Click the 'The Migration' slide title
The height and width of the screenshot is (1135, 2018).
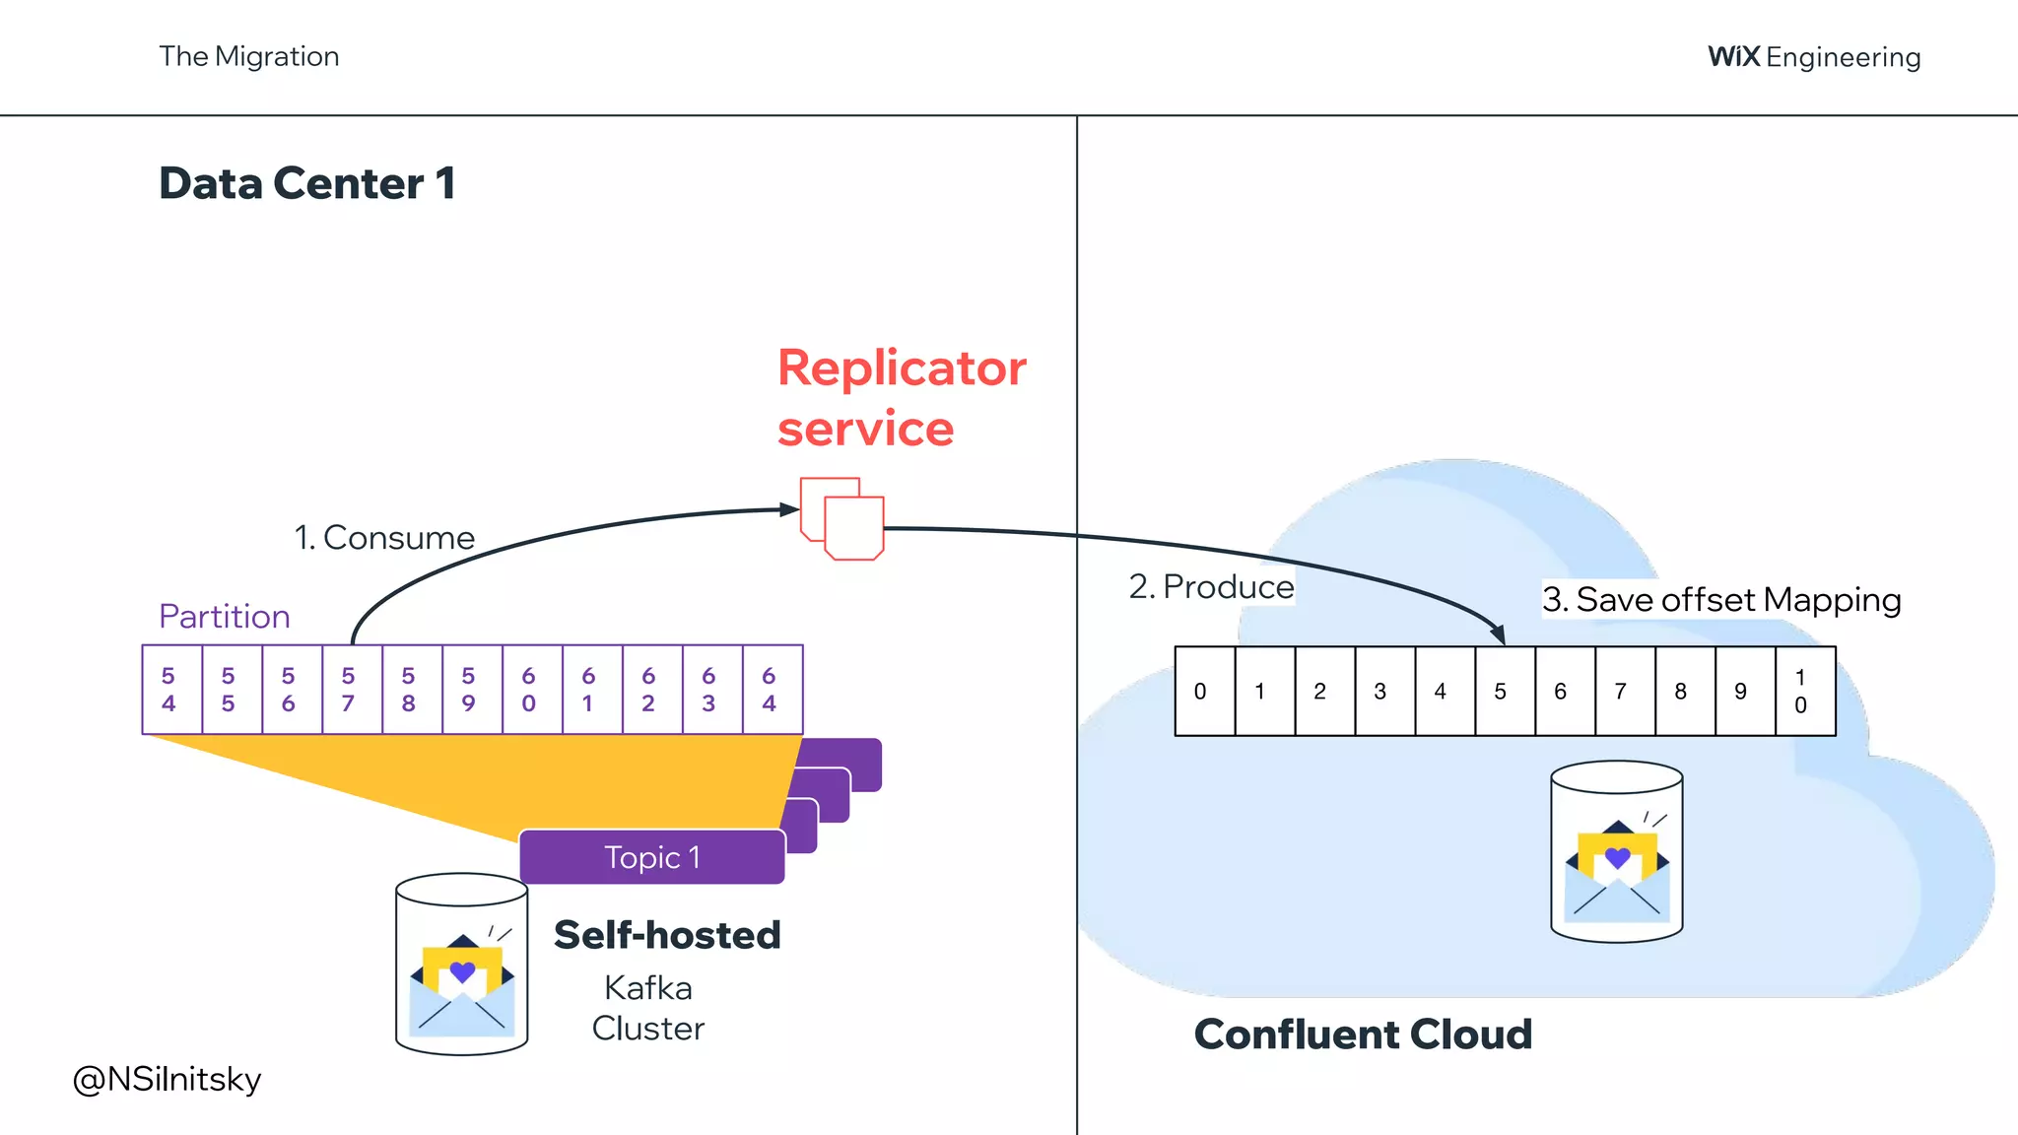click(249, 56)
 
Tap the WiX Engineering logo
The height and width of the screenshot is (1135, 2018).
click(1813, 57)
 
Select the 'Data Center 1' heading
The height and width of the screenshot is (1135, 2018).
click(306, 183)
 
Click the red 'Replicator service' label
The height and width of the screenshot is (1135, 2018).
click(900, 397)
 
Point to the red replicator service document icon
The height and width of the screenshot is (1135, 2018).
click(842, 519)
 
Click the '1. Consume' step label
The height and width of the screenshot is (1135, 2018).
click(384, 538)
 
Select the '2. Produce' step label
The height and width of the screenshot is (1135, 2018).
click(1211, 587)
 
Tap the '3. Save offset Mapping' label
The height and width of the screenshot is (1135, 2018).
click(1720, 600)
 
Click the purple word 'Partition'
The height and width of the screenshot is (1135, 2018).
click(225, 617)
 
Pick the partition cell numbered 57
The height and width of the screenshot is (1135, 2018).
click(349, 690)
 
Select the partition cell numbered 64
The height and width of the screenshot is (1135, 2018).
click(770, 690)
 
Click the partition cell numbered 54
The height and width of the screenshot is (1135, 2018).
click(169, 690)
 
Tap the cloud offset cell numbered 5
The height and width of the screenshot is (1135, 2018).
click(1501, 692)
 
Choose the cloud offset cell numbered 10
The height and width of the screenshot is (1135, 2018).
click(1801, 692)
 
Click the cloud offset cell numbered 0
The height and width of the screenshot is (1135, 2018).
click(1200, 692)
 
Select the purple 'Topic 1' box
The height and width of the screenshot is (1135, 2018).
click(651, 857)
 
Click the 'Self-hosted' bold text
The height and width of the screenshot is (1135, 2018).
click(667, 935)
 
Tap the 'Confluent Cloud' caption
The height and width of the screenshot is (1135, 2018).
click(1363, 1035)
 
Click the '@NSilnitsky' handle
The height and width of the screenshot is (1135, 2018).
click(168, 1080)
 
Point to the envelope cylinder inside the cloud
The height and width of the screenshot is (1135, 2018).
click(1616, 852)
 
